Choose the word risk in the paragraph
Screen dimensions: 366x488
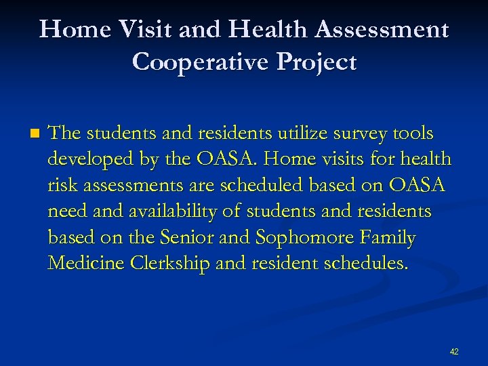pos(62,186)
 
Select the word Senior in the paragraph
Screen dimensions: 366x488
pos(193,238)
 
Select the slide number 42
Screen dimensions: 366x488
pos(454,351)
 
